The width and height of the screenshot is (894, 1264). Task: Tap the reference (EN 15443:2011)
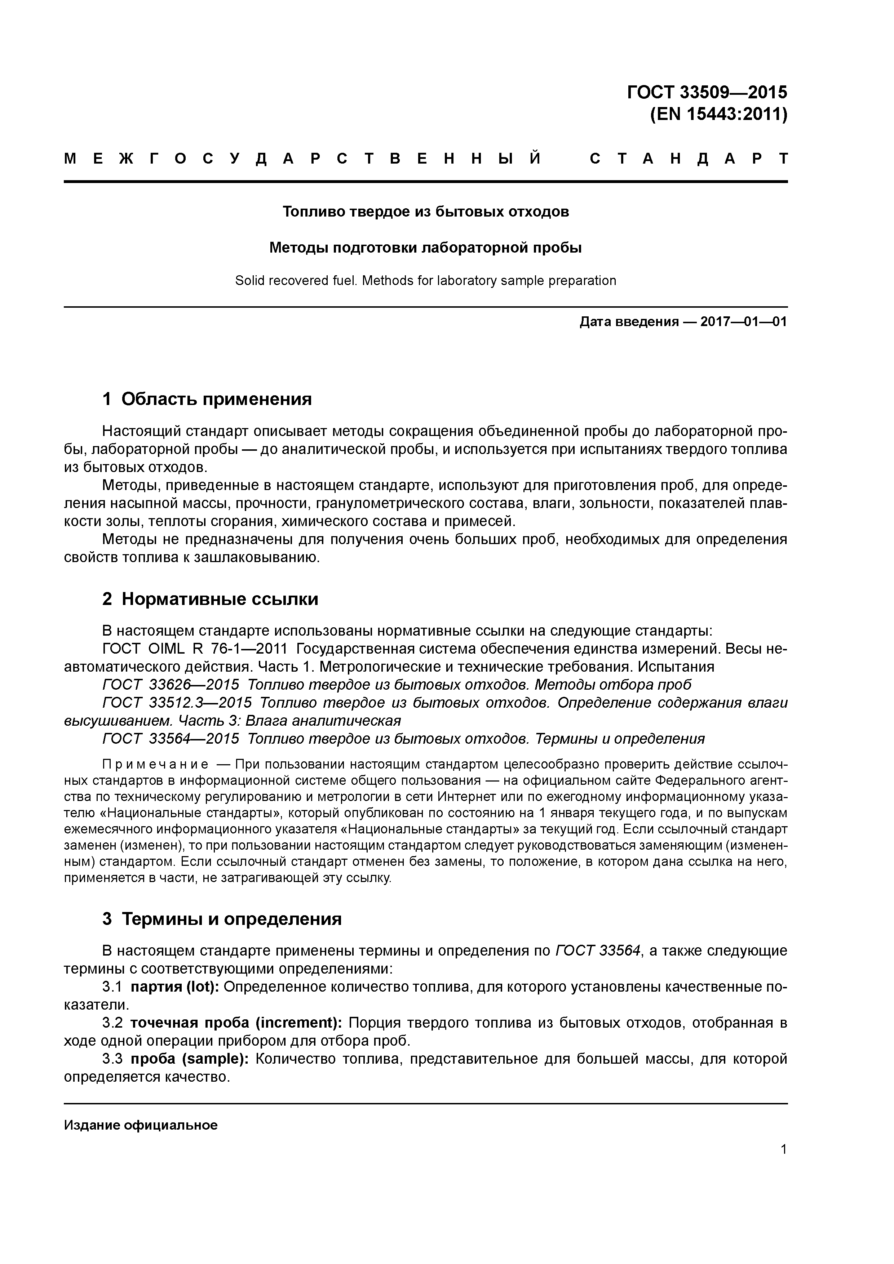pyautogui.click(x=718, y=115)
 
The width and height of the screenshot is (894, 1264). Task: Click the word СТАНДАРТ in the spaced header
pyautogui.click(x=689, y=159)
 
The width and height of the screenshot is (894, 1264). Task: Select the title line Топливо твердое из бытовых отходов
pyautogui.click(x=425, y=212)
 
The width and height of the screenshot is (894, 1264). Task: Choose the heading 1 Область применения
pyautogui.click(x=207, y=399)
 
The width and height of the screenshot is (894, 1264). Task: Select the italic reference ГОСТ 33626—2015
pyautogui.click(x=171, y=685)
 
